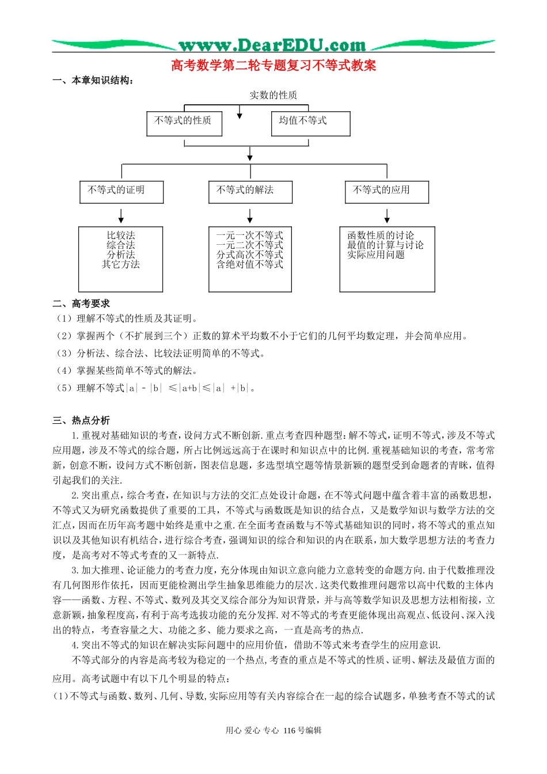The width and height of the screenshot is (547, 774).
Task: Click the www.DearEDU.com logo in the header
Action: click(x=272, y=45)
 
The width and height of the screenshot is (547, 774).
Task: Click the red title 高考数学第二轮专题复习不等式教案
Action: click(x=273, y=66)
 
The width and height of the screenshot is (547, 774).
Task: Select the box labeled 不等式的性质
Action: click(x=184, y=123)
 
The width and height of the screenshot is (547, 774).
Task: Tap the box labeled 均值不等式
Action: click(x=310, y=123)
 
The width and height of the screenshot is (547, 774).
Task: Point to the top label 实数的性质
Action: click(x=273, y=95)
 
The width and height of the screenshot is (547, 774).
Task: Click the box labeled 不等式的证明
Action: click(x=121, y=191)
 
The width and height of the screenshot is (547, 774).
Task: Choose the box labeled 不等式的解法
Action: click(x=250, y=191)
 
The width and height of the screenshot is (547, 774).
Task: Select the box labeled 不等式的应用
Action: click(x=386, y=191)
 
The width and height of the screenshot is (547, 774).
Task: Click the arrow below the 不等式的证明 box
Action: click(x=121, y=216)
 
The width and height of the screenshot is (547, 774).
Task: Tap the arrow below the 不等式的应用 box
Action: click(x=387, y=216)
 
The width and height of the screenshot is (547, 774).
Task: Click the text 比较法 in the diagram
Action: click(x=121, y=236)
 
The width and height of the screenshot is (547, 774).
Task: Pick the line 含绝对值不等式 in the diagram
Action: click(x=250, y=264)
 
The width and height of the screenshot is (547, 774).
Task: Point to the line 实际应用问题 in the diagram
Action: click(x=375, y=255)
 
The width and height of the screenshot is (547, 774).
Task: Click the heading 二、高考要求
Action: click(x=81, y=303)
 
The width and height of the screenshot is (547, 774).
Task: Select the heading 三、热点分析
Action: click(x=81, y=420)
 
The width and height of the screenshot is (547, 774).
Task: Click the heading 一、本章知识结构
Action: click(x=94, y=81)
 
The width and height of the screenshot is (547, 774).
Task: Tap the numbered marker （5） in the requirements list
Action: click(x=63, y=388)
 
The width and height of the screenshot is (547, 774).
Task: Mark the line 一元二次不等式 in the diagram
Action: click(x=250, y=245)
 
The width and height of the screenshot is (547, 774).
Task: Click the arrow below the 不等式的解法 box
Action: click(x=250, y=216)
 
